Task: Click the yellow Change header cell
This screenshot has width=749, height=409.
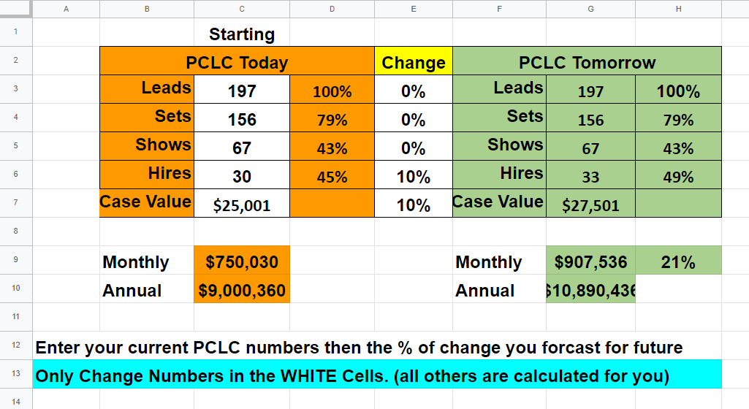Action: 414,62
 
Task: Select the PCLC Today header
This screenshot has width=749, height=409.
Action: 237,62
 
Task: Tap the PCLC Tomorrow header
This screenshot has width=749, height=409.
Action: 587,62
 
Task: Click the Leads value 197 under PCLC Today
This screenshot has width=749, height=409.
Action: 242,91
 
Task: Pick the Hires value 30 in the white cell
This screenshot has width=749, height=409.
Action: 242,177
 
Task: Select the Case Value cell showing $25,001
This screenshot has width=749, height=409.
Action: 242,205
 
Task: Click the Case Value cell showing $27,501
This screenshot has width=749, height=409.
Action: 590,205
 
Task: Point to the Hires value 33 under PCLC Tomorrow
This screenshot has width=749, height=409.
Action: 590,177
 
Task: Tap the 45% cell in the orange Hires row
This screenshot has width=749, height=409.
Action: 332,177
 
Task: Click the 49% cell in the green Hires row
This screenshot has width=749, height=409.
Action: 678,177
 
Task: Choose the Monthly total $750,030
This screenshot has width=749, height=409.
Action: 242,261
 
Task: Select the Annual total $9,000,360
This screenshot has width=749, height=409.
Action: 242,290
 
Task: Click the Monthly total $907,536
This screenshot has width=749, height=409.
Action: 590,261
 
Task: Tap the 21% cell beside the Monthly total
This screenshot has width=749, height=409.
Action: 678,261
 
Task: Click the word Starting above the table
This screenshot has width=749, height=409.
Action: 242,34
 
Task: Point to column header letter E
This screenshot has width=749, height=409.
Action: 414,9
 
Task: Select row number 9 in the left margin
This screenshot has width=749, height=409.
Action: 16,260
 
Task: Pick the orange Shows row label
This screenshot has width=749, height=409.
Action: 163,145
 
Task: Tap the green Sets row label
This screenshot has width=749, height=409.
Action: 525,116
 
